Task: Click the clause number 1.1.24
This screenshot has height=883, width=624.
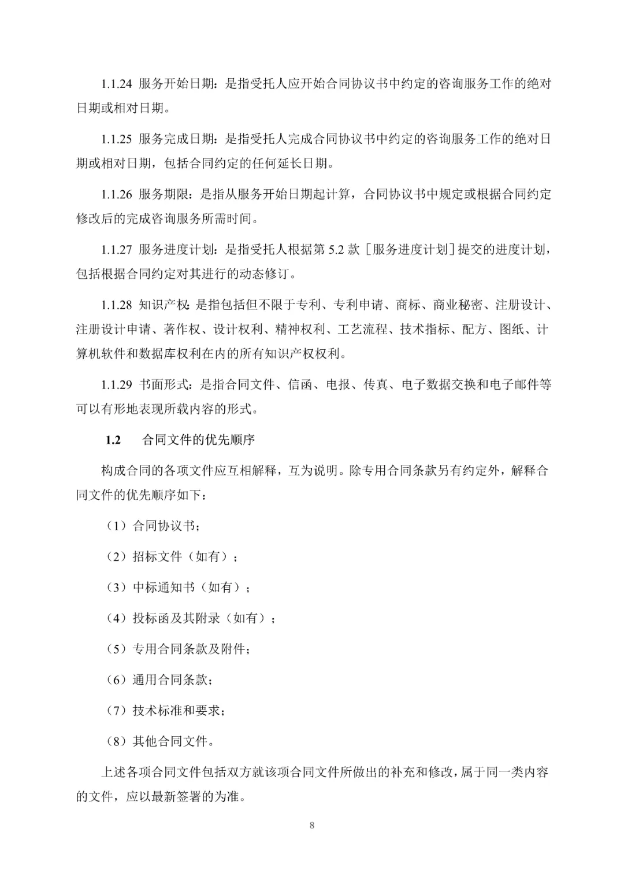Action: [117, 84]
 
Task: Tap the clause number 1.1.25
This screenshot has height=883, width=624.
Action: [117, 139]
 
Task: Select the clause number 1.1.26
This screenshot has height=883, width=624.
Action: [117, 194]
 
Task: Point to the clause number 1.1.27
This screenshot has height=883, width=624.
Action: [117, 250]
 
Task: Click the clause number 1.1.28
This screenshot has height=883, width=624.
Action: [117, 305]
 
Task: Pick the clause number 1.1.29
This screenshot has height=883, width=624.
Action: [117, 384]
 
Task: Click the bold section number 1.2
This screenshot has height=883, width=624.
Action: [113, 440]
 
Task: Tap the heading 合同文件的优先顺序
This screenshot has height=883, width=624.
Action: [198, 440]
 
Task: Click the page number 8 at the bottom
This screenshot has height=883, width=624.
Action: [312, 825]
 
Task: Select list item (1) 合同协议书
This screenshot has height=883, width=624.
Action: [153, 526]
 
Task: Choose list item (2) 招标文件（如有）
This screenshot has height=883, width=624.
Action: [172, 557]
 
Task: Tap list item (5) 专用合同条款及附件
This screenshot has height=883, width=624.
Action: [178, 649]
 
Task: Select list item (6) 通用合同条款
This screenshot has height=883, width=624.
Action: [159, 679]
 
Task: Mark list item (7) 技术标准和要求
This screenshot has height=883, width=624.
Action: [165, 710]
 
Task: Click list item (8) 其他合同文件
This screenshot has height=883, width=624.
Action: [159, 741]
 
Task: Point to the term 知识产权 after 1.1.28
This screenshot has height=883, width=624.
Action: [164, 305]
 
